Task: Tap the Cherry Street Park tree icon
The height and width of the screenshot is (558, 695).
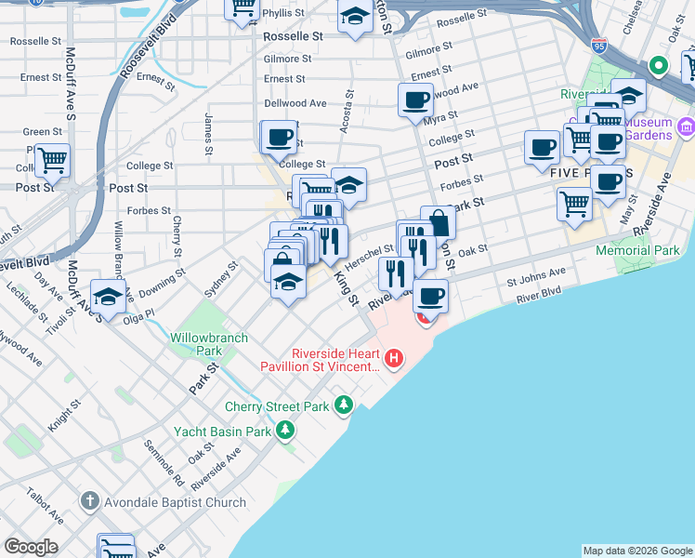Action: click(x=345, y=405)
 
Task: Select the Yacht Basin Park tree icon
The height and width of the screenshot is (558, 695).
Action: click(x=285, y=431)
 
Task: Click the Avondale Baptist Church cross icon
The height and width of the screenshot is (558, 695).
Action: click(x=89, y=502)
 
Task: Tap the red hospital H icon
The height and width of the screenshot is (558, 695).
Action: click(x=395, y=357)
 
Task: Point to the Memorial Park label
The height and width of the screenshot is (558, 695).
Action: click(x=638, y=250)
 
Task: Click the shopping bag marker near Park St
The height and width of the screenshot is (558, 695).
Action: click(x=438, y=222)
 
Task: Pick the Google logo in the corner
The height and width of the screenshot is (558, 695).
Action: click(x=30, y=547)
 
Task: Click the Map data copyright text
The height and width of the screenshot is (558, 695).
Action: click(x=636, y=551)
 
